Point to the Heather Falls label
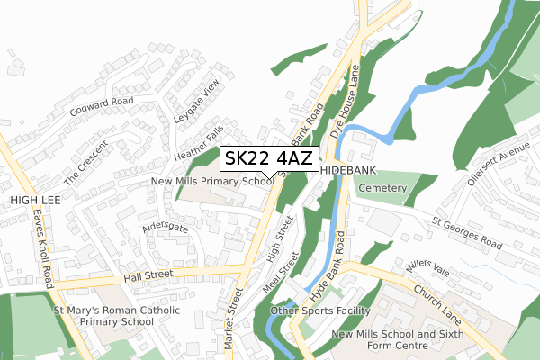pos(198,142)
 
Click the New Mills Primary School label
pos(212,182)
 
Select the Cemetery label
pos(382,188)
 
